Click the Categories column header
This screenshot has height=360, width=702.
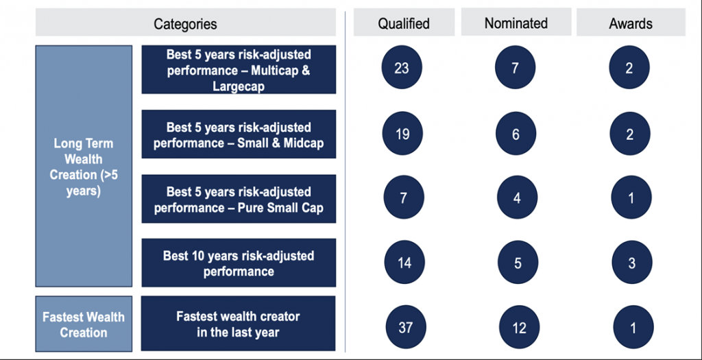[185, 23]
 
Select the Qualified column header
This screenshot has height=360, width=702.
[404, 23]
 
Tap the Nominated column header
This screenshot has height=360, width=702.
[516, 23]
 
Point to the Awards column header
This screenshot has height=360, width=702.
[631, 23]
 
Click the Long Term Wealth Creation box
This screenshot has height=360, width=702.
[84, 166]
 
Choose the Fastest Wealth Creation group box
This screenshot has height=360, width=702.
[84, 324]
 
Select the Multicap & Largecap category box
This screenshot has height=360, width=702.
[239, 69]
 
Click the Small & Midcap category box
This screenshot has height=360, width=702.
[239, 134]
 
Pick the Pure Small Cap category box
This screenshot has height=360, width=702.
[239, 198]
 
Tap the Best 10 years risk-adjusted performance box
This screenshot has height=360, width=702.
[239, 263]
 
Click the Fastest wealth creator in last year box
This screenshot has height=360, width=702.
[238, 323]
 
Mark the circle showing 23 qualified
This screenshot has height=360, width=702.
[402, 68]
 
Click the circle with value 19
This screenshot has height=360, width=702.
[402, 134]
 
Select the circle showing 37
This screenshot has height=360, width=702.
[405, 327]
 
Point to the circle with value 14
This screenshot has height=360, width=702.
[404, 262]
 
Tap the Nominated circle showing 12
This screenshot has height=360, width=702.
[520, 327]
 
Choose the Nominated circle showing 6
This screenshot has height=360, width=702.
[516, 134]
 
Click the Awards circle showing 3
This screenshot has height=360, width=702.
[631, 262]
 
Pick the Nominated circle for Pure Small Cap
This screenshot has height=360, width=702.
[517, 197]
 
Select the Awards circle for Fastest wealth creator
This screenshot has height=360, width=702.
[633, 327]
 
